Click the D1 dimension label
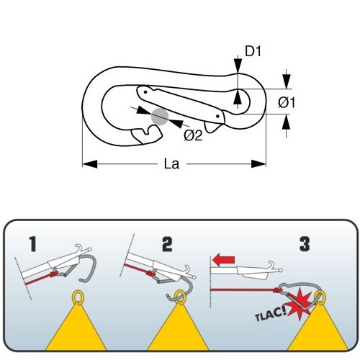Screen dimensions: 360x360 pyautogui.click(x=253, y=51)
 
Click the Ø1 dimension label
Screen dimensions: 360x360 pyautogui.click(x=287, y=103)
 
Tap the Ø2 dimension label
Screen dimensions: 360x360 pyautogui.click(x=193, y=136)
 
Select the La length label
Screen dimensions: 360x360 pyautogui.click(x=171, y=164)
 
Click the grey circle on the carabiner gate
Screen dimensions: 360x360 pyautogui.click(x=160, y=117)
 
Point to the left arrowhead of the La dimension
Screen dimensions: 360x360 pyautogui.click(x=90, y=164)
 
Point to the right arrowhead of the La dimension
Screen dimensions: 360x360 pyautogui.click(x=258, y=164)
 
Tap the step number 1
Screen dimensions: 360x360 pyautogui.click(x=32, y=244)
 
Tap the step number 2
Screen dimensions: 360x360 pyautogui.click(x=167, y=244)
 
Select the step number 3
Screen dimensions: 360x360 pyautogui.click(x=305, y=244)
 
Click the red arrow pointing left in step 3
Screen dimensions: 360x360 pyautogui.click(x=223, y=261)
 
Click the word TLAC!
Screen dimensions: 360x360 pyautogui.click(x=271, y=315)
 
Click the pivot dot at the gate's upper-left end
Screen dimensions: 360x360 pyautogui.click(x=145, y=92)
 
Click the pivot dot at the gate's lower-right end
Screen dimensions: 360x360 pyautogui.click(x=217, y=117)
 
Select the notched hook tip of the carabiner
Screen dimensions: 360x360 pyautogui.click(x=147, y=135)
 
